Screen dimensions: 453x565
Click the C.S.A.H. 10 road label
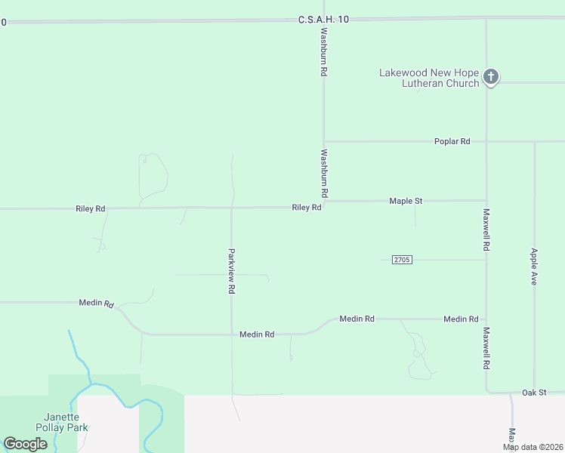coord(323,19)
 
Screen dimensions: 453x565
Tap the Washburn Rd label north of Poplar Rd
coord(323,52)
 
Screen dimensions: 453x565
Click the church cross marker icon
coord(491,76)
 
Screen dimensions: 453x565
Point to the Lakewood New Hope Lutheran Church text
coord(429,79)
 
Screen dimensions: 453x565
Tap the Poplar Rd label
coord(452,141)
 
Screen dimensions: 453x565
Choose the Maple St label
coord(406,201)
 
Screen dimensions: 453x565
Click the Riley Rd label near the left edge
coord(90,208)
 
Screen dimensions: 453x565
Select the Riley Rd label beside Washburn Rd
coord(307,208)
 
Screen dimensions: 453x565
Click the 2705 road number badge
coord(401,260)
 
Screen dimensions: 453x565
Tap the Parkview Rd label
coord(232,271)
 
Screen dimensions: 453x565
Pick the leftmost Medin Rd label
coord(96,303)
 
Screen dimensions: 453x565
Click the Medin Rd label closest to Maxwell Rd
coord(461,319)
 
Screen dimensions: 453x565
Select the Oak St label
coord(533,393)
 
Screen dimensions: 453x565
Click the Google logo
coord(25,444)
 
